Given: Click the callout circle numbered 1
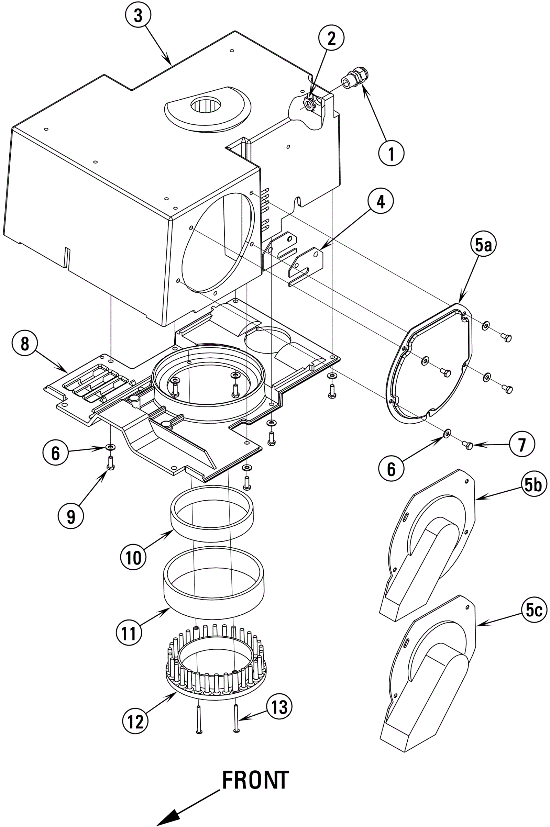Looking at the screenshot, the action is [392, 153].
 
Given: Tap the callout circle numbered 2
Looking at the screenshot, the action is [331, 38].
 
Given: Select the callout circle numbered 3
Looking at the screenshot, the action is [138, 15].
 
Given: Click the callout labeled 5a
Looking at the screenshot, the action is [483, 245].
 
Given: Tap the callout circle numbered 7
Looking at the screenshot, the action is [522, 445].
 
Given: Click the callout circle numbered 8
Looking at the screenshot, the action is [24, 344].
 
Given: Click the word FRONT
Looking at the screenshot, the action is [255, 780].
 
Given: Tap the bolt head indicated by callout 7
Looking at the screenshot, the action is [468, 445].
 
